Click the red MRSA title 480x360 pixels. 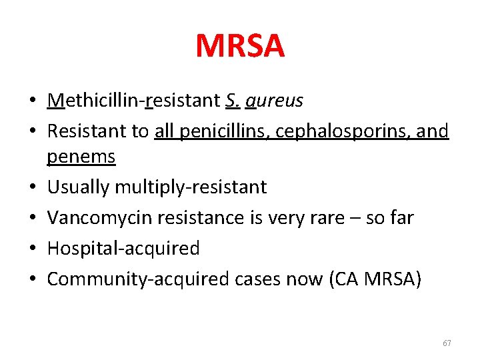coord(240,47)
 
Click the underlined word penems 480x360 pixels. coord(81,157)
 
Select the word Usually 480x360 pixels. coord(78,187)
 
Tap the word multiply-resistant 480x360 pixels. coord(190,187)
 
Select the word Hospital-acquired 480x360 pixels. coord(123,248)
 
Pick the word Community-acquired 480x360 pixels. coord(137,279)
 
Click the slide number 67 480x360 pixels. coord(447,343)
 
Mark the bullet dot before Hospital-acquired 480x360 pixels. coord(33,249)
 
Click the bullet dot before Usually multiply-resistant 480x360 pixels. coord(33,187)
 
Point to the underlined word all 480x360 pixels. coord(164,131)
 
